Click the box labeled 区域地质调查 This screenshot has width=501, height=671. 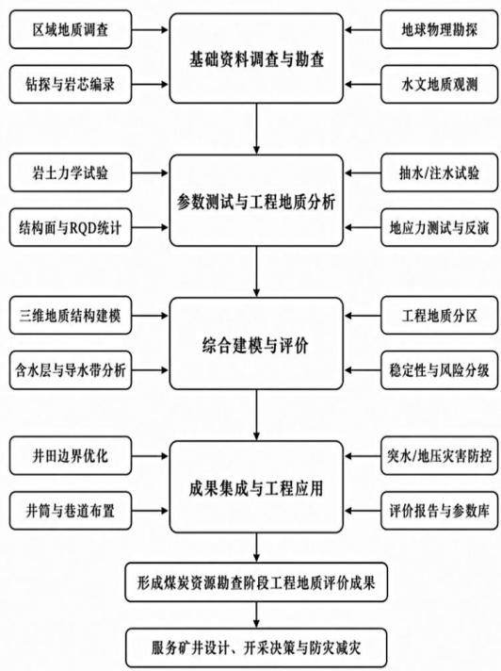tap(71, 29)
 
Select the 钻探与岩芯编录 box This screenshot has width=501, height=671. tap(71, 84)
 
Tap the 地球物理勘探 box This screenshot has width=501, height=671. tap(440, 29)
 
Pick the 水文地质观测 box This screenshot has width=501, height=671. tap(440, 84)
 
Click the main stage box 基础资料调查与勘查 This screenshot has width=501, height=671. tap(256, 58)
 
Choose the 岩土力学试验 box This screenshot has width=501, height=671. tap(71, 172)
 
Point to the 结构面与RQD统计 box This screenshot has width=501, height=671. tap(71, 227)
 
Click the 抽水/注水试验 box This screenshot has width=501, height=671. tap(440, 172)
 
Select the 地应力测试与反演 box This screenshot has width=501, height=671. tap(440, 227)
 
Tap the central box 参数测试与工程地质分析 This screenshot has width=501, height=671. tap(256, 201)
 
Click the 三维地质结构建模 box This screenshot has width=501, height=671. tap(71, 316)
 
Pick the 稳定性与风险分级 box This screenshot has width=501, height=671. tap(440, 370)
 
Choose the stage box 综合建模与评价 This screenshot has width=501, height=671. tap(256, 344)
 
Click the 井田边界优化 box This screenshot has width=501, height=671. tap(71, 456)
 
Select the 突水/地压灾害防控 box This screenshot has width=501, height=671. tap(440, 456)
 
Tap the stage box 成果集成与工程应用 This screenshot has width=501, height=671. tap(256, 487)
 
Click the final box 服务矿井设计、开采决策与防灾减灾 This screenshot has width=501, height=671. tap(256, 647)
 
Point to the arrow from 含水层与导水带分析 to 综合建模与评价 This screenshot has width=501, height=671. tap(150, 370)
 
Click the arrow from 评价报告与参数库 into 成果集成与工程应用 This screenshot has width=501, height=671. tap(363, 511)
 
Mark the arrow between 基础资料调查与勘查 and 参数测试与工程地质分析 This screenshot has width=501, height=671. tap(256, 129)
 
